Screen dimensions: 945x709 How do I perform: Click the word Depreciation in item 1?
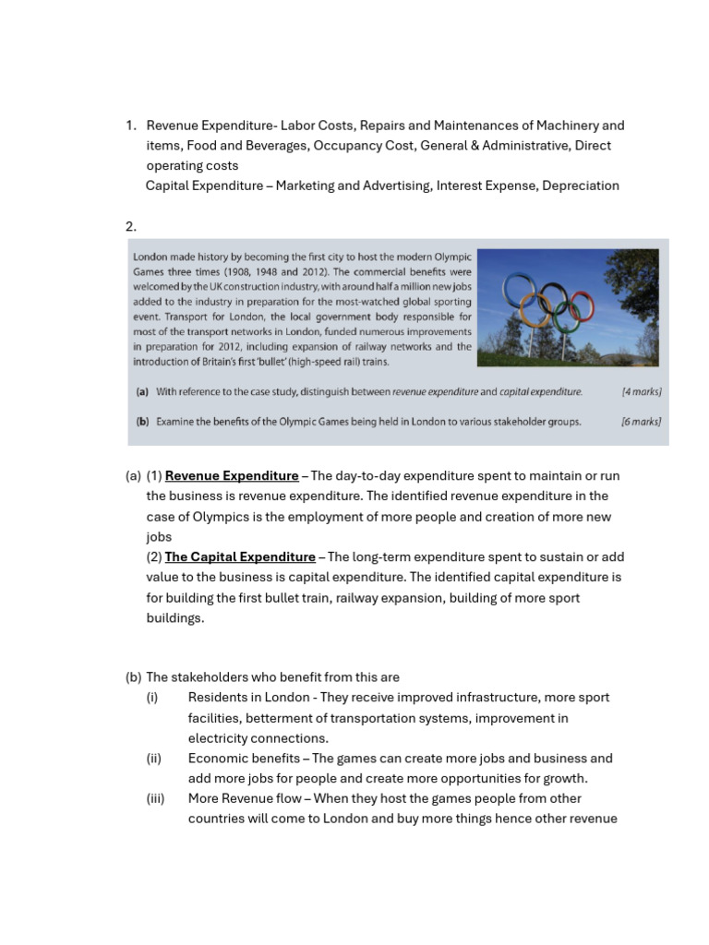(581, 185)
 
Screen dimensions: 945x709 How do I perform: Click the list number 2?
(130, 226)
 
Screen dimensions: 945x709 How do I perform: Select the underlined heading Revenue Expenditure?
(232, 476)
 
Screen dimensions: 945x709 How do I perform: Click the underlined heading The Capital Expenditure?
(240, 557)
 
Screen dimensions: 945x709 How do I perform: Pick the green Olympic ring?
(566, 318)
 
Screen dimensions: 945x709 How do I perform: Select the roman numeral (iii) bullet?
(155, 799)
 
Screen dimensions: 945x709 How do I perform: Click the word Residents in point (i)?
(218, 698)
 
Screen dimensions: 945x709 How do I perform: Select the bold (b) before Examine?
(142, 422)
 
